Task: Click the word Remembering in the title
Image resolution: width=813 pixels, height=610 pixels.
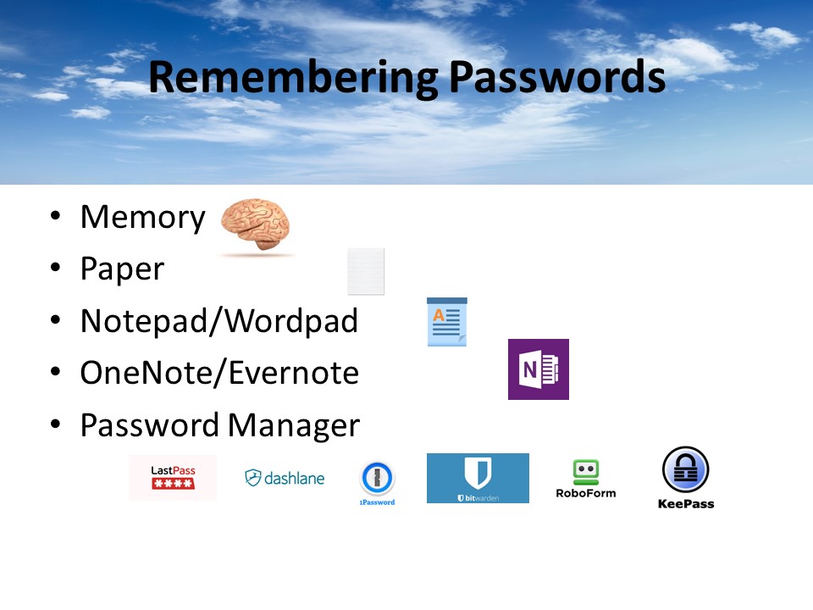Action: pos(293,77)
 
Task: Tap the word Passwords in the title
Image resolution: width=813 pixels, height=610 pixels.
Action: pos(556,77)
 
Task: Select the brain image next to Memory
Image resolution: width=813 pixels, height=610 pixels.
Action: pos(256,227)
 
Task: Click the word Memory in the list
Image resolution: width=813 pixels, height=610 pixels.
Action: pos(142,218)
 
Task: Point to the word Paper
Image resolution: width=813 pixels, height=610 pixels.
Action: pos(122,269)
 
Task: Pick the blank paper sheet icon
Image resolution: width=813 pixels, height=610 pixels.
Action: pos(366,271)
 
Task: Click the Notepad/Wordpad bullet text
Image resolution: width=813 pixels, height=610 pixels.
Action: pos(218,321)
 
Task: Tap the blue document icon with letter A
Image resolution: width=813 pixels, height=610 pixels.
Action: pos(446,321)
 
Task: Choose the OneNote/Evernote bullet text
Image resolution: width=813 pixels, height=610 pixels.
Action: pos(218,373)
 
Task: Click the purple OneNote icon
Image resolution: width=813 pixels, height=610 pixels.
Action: pos(538,369)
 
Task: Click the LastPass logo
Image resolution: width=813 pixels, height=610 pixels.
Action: pos(173,478)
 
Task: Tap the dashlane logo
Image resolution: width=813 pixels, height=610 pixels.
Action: pos(285,478)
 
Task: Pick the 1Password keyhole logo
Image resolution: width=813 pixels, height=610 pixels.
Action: pos(377,480)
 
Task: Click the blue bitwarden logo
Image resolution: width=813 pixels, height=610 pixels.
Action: pos(478,478)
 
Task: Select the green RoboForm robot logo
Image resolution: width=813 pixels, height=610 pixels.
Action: pos(585,479)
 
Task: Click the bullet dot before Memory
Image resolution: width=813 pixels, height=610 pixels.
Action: pos(55,217)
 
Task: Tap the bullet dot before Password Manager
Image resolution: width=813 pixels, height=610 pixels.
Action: pos(55,424)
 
